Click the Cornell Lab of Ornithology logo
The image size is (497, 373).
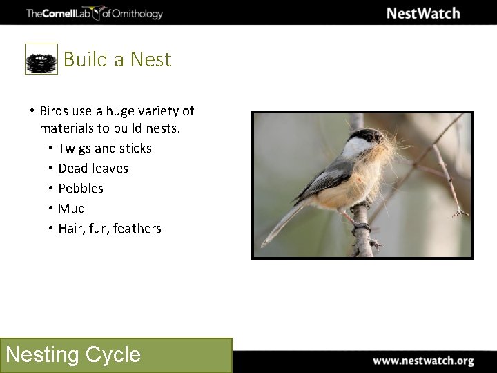point(94,12)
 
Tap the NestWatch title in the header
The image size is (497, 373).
point(422,13)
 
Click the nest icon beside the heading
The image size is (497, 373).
point(41,59)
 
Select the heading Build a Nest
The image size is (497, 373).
point(117,59)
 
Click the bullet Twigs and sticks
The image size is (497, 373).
point(104,149)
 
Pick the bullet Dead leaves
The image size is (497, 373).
point(93,169)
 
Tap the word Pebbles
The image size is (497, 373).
point(81,189)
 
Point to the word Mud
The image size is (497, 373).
point(72,209)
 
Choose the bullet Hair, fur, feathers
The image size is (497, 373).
point(109,229)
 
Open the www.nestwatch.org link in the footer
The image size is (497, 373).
point(423,361)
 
